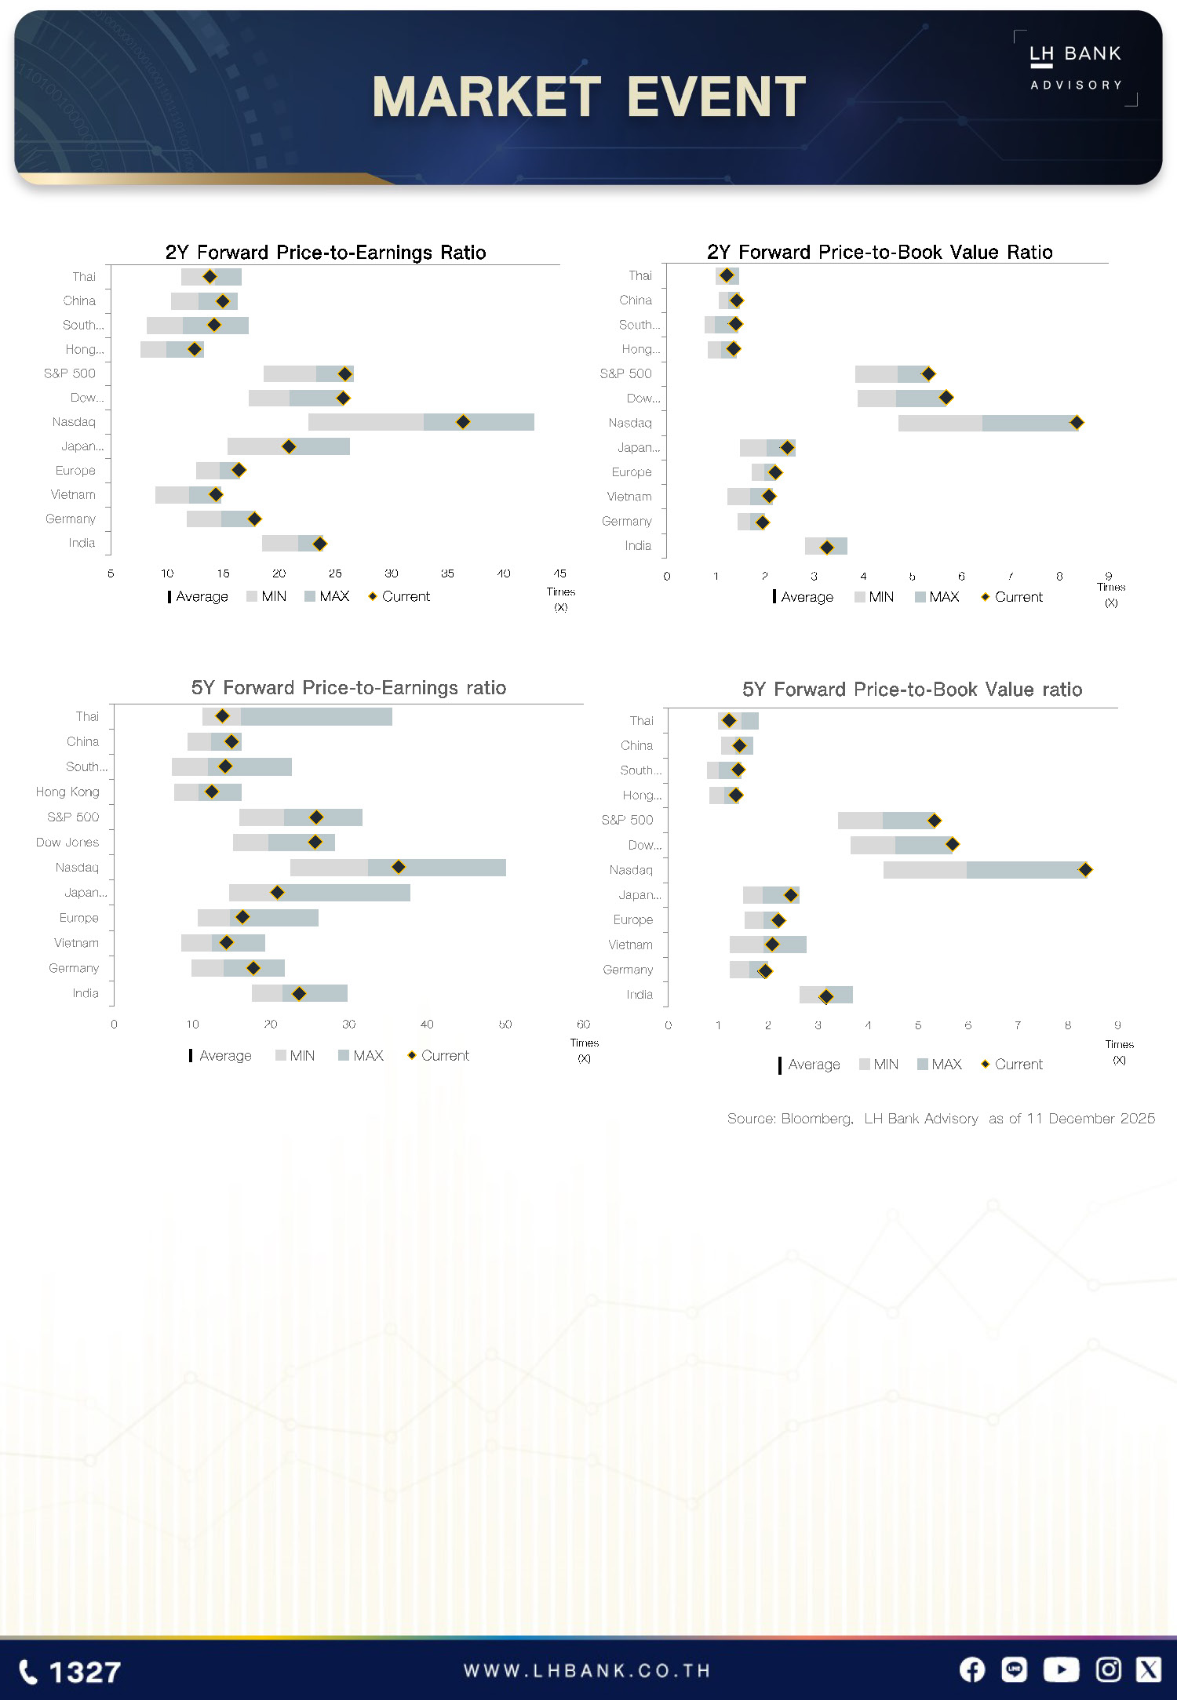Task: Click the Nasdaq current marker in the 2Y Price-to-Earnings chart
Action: point(463,422)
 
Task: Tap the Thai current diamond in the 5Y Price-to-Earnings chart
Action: point(222,716)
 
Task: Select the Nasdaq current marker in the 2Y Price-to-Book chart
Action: point(1077,423)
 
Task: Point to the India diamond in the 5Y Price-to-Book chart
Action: point(826,996)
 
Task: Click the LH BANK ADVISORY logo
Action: point(1075,67)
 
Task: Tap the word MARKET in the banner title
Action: point(486,97)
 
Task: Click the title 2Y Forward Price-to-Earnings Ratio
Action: point(326,253)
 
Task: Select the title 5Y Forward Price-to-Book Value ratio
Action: point(912,690)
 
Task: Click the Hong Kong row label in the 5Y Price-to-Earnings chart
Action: point(67,792)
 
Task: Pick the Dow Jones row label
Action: point(67,842)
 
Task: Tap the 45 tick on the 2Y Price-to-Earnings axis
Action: point(559,573)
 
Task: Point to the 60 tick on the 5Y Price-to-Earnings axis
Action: point(583,1024)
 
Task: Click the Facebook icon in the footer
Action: point(972,1670)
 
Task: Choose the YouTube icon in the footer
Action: point(1061,1670)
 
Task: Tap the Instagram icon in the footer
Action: point(1108,1670)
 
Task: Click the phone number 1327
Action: point(85,1673)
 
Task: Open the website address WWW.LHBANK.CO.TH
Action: point(587,1671)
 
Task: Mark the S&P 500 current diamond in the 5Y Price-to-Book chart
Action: point(934,821)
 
